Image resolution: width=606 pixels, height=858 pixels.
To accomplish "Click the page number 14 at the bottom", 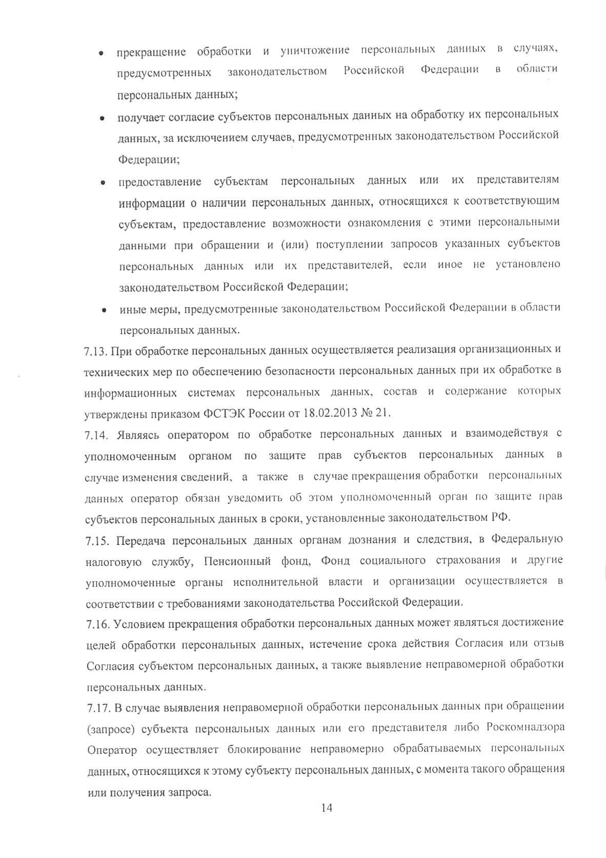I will [x=327, y=808].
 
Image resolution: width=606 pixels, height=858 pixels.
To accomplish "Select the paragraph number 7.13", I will [x=95, y=351].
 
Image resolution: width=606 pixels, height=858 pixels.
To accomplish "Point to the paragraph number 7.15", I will [x=97, y=540].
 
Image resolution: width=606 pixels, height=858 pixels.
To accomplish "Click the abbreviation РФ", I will [x=500, y=517].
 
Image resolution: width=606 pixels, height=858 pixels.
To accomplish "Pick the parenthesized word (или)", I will [x=294, y=244].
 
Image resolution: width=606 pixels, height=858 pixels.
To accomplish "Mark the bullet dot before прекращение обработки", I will [x=102, y=53].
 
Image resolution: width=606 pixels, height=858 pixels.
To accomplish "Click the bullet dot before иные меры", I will [x=104, y=311].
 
